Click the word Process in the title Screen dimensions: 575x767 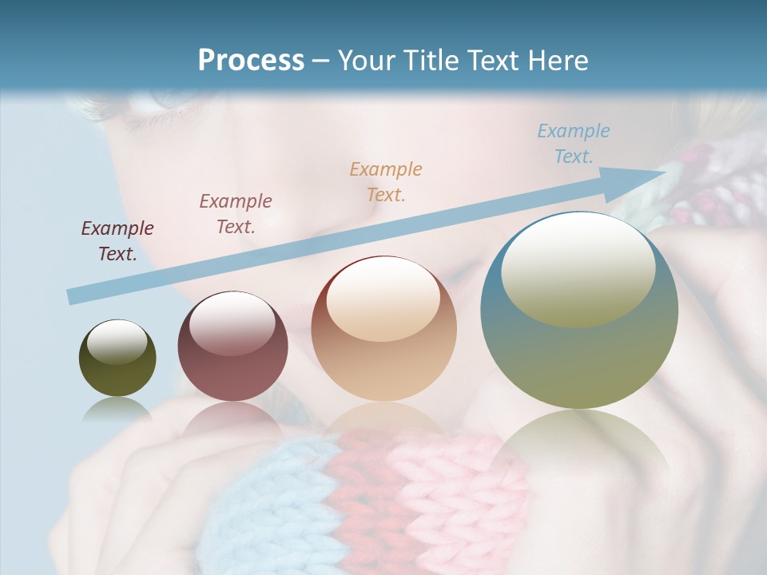pos(251,61)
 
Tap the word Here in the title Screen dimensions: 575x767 pos(556,61)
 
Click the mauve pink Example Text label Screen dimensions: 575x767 pos(236,213)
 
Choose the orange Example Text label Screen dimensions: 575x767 pos(386,181)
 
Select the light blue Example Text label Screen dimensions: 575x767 pos(574,143)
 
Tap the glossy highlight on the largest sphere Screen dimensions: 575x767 pos(578,268)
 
